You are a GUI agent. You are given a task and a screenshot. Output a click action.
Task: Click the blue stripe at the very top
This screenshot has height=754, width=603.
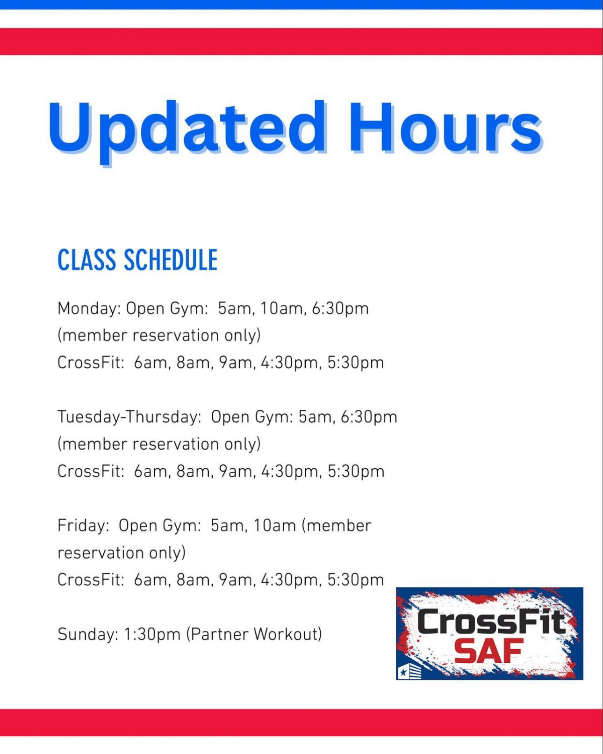(301, 5)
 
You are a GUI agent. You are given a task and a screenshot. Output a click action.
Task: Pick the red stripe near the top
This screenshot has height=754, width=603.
(301, 41)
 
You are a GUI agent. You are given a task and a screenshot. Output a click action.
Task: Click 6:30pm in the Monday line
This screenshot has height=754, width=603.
(340, 309)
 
